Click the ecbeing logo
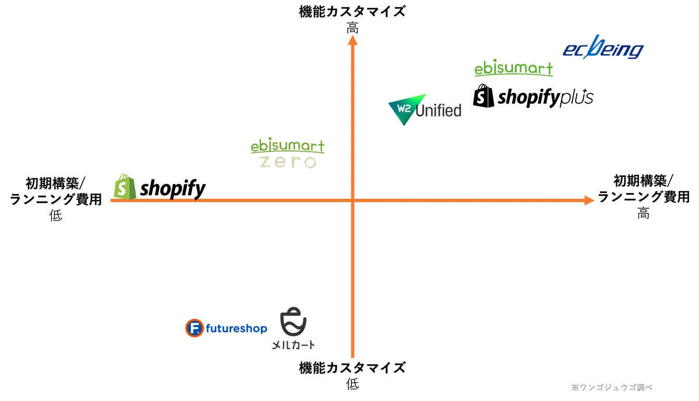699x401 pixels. click(x=603, y=47)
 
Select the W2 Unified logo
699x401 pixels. click(x=425, y=110)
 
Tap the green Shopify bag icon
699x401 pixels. click(x=125, y=187)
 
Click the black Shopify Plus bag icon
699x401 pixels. click(x=483, y=96)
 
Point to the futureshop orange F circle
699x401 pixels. click(x=195, y=328)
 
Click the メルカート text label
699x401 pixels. click(x=294, y=345)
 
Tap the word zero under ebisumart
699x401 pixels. click(x=288, y=162)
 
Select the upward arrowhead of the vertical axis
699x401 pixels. click(x=352, y=40)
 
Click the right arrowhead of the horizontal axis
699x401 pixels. click(x=589, y=200)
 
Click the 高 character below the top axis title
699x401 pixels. click(x=352, y=28)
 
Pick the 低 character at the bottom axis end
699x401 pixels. click(x=352, y=384)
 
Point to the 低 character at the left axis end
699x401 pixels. click(x=55, y=215)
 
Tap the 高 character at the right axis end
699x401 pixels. click(x=643, y=213)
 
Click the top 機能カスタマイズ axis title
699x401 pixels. click(x=352, y=12)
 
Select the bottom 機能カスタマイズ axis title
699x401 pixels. click(x=352, y=368)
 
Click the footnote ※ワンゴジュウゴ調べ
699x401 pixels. click(x=612, y=387)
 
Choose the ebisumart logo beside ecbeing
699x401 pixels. click(x=514, y=68)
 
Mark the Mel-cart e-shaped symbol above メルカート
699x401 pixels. click(x=294, y=322)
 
